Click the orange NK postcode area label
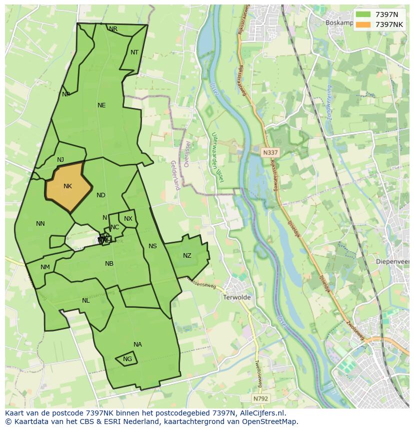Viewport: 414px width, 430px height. (67, 186)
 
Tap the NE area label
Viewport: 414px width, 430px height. (101, 105)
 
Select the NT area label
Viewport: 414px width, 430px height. (134, 52)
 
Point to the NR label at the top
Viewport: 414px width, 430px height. (113, 29)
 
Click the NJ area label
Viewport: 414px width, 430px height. (60, 160)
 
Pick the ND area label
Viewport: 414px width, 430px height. (101, 195)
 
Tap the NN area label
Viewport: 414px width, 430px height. (40, 224)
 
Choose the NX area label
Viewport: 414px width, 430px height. (128, 219)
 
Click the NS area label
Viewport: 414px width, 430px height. (152, 246)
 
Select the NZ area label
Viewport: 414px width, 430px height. (187, 256)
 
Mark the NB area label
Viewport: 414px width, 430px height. (109, 264)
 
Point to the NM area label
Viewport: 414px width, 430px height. (45, 267)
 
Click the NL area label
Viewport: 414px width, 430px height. (86, 301)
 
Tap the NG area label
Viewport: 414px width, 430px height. (127, 359)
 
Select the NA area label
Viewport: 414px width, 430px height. (137, 345)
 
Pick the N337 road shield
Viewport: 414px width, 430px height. (270, 152)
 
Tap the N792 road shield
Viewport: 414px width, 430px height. (260, 399)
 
